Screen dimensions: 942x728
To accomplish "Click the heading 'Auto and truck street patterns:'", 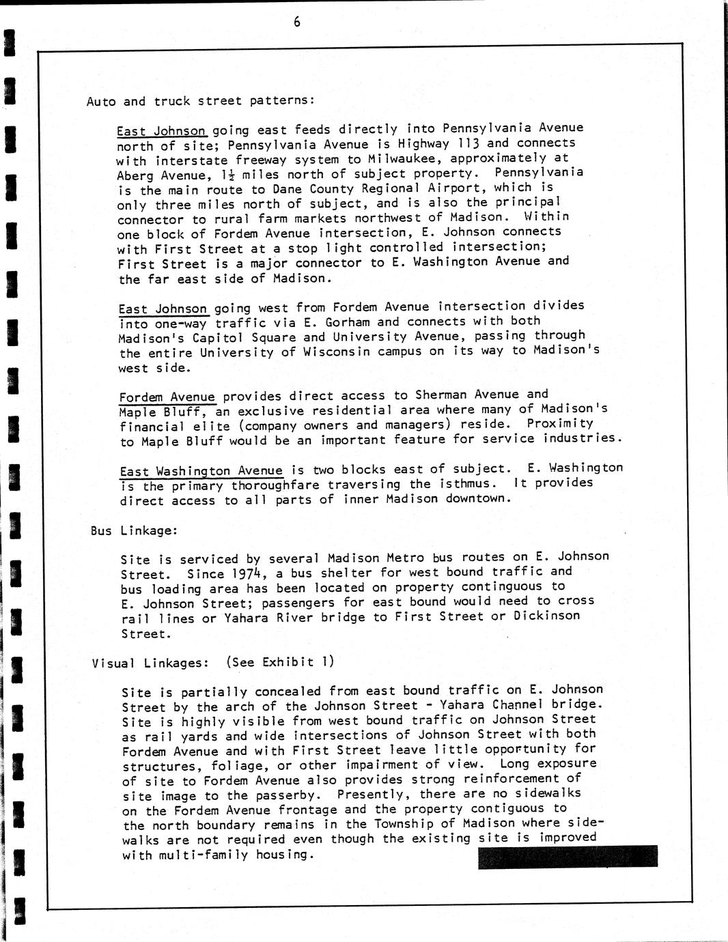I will pos(201,101).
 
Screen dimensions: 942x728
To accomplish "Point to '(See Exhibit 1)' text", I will pos(280,661).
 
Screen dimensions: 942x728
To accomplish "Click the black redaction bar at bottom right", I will pos(568,857).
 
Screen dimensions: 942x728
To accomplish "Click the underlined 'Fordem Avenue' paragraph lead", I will pos(167,397).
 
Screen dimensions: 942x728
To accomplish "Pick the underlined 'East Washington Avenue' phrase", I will pos(201,471).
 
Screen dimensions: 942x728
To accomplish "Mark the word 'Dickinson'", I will pos(546,616).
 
